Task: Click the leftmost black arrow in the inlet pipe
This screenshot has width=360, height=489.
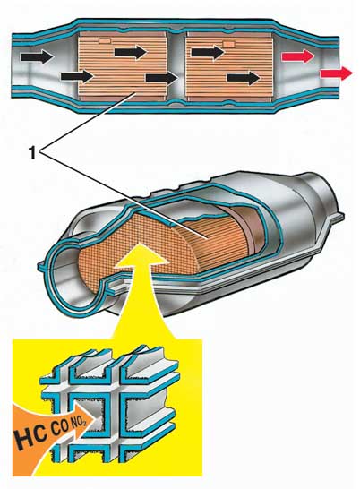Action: pos(37,57)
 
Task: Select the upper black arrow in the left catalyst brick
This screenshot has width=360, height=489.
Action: pos(131,52)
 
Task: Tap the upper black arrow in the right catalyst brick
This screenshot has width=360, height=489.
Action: pos(208,52)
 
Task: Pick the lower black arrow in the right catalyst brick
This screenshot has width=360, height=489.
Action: pos(244,78)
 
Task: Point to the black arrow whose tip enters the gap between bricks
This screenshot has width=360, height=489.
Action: pos(162,78)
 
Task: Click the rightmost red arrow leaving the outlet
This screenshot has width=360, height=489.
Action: pos(336,73)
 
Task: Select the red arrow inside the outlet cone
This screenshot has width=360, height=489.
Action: pos(298,56)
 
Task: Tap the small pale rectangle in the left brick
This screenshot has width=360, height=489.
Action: pos(105,41)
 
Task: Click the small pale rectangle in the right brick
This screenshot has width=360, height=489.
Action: pos(228,45)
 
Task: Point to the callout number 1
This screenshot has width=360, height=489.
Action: pos(32,153)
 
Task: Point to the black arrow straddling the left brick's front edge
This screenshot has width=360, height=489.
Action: pos(77,76)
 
